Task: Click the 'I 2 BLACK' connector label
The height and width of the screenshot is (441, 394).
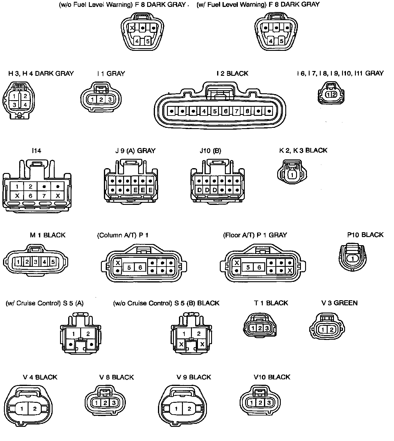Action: click(232, 73)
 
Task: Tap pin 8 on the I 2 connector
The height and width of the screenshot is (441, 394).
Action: click(247, 111)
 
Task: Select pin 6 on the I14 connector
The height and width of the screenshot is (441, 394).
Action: click(30, 196)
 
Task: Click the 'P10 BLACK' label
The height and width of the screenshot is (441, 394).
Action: click(365, 235)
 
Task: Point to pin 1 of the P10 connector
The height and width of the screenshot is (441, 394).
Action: click(353, 259)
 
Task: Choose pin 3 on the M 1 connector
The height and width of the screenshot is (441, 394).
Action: click(35, 262)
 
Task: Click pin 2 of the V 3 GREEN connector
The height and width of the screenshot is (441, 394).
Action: click(332, 329)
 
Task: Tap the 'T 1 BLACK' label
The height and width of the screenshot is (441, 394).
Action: click(271, 303)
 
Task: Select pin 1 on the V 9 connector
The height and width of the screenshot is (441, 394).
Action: click(176, 409)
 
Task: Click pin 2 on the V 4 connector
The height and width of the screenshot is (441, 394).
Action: click(35, 409)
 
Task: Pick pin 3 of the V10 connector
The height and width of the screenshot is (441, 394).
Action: click(269, 403)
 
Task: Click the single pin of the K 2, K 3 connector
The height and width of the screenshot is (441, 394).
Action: click(291, 175)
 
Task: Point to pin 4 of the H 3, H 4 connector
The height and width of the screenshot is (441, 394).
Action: click(26, 105)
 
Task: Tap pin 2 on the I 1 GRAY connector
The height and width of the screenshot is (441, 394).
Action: click(102, 100)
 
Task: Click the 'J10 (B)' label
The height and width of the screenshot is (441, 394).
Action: click(211, 151)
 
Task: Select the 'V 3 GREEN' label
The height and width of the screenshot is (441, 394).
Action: click(339, 303)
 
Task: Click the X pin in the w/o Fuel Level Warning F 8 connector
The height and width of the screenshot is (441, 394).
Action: click(132, 28)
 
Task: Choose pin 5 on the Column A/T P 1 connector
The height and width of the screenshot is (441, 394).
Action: click(129, 267)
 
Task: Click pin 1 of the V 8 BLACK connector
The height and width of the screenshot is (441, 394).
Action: click(97, 403)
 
